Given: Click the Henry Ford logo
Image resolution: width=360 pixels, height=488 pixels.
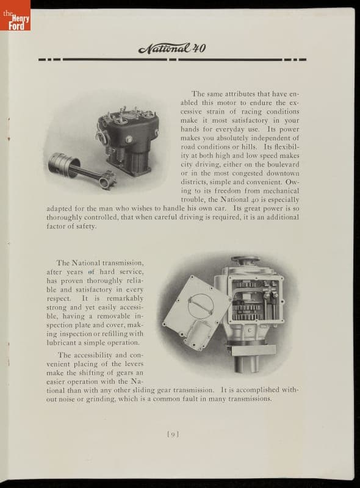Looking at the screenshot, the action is [x=15, y=16].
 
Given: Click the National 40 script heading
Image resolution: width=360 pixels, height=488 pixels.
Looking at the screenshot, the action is [x=172, y=48].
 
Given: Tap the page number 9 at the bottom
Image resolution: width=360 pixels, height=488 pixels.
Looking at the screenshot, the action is [x=173, y=434].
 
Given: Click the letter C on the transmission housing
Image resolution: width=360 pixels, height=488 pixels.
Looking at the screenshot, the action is [x=249, y=331].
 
